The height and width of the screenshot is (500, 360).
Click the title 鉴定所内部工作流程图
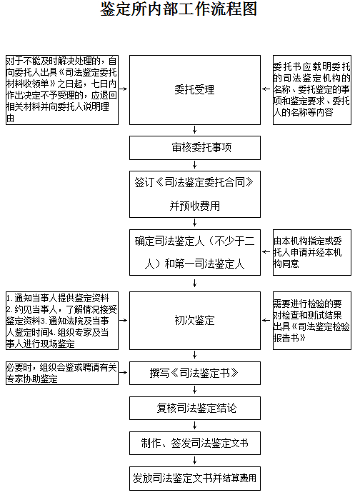[x=179, y=9]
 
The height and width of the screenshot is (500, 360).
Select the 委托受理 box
[x=195, y=90]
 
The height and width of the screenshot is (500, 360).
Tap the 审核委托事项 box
[x=195, y=148]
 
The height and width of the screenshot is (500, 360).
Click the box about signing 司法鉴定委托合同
[x=195, y=194]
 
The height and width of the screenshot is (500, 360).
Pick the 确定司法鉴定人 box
[x=195, y=252]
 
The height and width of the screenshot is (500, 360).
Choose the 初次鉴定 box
[x=195, y=321]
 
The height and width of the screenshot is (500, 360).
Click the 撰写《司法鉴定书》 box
[x=195, y=373]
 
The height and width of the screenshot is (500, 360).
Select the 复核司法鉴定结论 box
[x=195, y=408]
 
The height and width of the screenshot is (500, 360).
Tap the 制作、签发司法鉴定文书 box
[x=195, y=444]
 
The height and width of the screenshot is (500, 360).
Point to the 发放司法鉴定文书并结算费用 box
[x=195, y=479]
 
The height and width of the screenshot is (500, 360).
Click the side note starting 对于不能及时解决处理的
[x=62, y=90]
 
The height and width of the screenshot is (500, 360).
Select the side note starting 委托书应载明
[x=312, y=90]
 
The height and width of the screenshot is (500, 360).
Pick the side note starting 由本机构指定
[x=312, y=252]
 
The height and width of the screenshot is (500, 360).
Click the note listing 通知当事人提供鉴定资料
[x=62, y=321]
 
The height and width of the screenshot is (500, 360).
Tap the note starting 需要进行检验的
[x=312, y=321]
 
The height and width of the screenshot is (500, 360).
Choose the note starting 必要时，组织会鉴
[x=62, y=373]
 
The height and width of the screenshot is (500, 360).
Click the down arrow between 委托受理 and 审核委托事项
[x=195, y=130]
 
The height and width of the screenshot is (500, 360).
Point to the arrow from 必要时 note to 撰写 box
[x=124, y=372]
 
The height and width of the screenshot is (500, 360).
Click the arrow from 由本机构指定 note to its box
[x=266, y=252]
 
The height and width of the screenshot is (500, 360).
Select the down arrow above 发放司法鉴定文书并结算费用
[x=195, y=461]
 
